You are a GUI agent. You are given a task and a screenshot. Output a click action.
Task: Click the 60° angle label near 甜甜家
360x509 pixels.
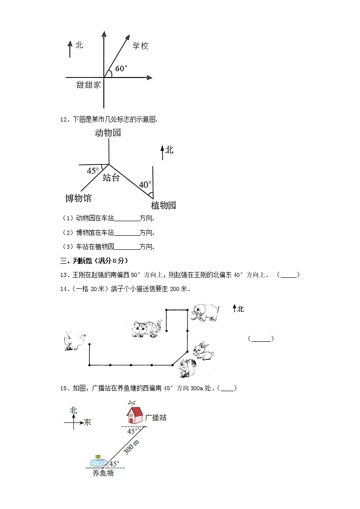click(x=121, y=68)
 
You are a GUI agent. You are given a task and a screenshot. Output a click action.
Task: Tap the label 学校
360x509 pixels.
click(x=141, y=46)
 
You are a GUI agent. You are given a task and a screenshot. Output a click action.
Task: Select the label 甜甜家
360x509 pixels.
click(x=89, y=84)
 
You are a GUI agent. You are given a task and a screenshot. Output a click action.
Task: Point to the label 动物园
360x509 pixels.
click(x=108, y=133)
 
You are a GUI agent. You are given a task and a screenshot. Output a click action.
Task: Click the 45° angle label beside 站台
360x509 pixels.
click(x=92, y=171)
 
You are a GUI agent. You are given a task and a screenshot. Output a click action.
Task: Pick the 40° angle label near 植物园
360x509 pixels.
click(x=145, y=185)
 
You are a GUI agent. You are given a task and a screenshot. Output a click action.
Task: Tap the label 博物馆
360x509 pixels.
click(x=78, y=198)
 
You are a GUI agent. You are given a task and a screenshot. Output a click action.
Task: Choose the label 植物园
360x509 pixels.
click(x=163, y=205)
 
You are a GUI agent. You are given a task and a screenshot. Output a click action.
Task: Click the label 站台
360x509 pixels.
click(x=111, y=178)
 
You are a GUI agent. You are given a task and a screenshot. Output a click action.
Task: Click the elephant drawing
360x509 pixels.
click(x=204, y=313)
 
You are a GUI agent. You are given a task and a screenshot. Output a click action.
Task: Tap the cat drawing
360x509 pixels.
click(x=146, y=328)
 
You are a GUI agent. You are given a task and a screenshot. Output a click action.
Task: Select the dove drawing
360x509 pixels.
click(x=75, y=340)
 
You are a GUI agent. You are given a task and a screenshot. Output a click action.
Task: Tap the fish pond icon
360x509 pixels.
click(x=98, y=461)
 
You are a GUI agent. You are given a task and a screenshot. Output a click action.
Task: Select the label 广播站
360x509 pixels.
click(x=156, y=417)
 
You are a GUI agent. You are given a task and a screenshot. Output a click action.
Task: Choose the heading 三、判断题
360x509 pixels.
click(x=94, y=261)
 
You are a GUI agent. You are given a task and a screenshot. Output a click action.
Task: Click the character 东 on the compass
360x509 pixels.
click(x=87, y=422)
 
